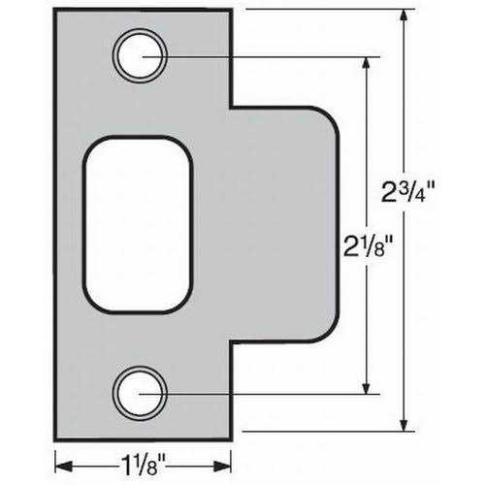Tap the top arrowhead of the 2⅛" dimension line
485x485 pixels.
366,61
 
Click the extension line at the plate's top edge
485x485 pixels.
320,11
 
